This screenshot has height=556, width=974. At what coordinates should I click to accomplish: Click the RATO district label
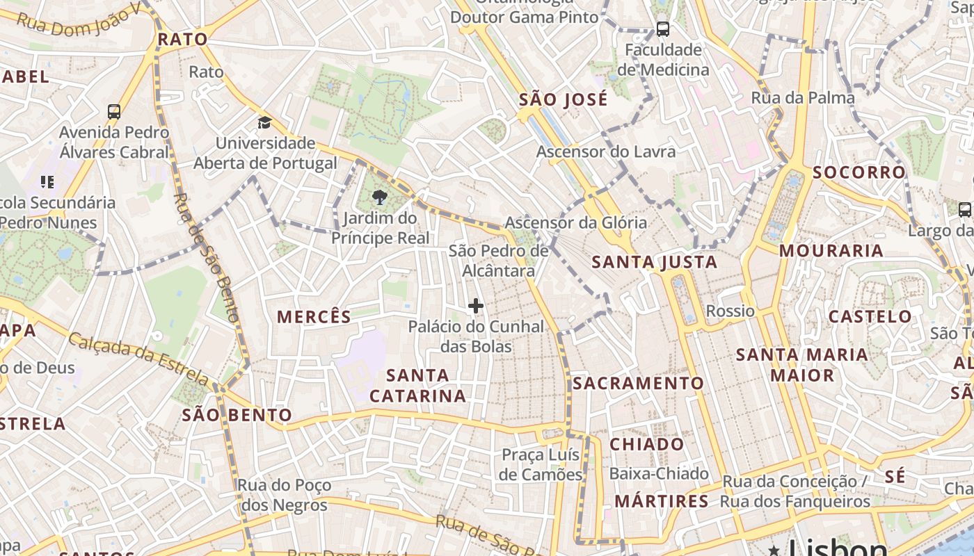click(182, 39)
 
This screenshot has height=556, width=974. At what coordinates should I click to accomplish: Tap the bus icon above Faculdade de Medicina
click(663, 29)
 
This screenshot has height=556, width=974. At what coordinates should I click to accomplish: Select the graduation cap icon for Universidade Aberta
click(264, 123)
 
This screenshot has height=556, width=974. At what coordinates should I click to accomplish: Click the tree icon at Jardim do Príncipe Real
click(380, 198)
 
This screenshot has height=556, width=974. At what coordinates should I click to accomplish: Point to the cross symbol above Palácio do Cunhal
click(476, 306)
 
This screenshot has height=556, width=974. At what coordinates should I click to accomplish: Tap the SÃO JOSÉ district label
click(564, 99)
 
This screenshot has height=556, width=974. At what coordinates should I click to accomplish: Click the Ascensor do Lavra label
click(606, 152)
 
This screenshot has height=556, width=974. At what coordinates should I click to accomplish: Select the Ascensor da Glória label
click(575, 222)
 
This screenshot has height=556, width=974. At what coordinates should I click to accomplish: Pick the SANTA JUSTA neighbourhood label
click(654, 262)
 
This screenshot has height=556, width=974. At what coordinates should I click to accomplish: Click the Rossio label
click(730, 311)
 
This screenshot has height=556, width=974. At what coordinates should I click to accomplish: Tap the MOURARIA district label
click(831, 250)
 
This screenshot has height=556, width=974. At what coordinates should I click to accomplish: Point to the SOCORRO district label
click(859, 172)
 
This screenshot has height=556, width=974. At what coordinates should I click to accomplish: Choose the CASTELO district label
click(870, 316)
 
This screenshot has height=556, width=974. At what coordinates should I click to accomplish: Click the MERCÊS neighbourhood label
click(314, 317)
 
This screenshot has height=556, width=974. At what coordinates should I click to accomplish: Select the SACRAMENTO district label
click(639, 383)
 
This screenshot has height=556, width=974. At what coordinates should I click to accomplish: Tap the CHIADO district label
click(647, 444)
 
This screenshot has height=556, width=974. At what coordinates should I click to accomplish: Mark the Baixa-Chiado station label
click(659, 474)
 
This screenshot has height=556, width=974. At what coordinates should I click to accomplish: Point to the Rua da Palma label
click(803, 98)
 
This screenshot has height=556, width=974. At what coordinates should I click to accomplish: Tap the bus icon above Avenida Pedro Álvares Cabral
click(114, 111)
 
